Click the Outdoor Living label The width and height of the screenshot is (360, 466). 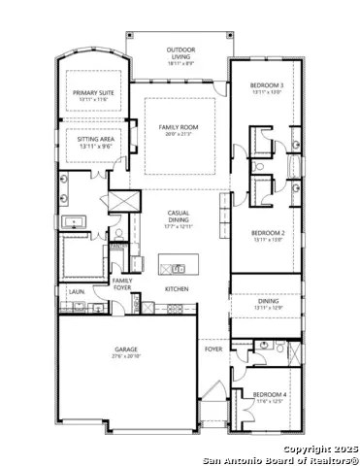pyautogui.click(x=180, y=52)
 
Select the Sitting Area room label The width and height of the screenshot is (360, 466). pyautogui.click(x=94, y=139)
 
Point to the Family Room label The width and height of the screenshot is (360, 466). pyautogui.click(x=179, y=127)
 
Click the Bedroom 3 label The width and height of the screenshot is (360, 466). pyautogui.click(x=266, y=85)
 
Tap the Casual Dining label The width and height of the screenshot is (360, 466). pyautogui.click(x=179, y=216)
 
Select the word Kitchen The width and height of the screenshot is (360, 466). pyautogui.click(x=176, y=289)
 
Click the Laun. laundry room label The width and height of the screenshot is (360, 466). pyautogui.click(x=74, y=290)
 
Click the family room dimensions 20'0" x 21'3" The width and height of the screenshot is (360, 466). pyautogui.click(x=179, y=134)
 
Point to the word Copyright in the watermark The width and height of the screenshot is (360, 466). pyautogui.click(x=303, y=449)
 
